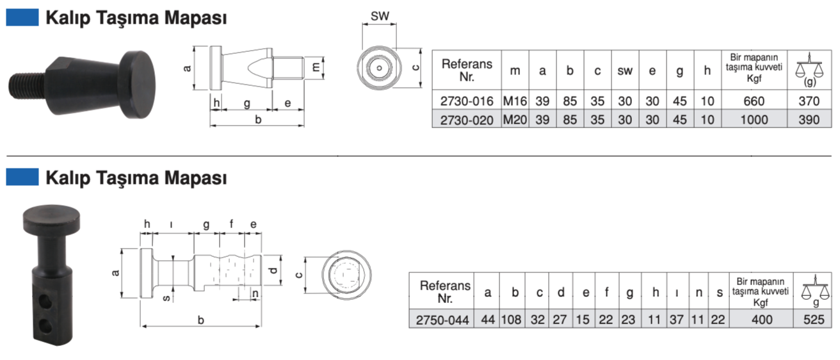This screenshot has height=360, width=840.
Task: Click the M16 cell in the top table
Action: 515,100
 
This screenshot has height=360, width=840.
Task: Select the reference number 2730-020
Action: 467,119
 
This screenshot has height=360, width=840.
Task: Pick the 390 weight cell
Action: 810,119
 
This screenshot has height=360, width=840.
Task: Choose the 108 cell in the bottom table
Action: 514,319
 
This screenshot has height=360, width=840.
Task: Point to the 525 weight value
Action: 813,319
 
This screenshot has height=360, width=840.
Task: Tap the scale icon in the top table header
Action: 810,67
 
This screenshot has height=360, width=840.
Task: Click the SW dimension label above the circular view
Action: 380,16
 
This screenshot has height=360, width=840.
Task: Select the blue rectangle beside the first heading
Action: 22,17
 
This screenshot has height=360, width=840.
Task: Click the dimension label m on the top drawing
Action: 316,66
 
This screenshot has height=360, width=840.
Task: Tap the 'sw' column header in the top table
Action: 625,70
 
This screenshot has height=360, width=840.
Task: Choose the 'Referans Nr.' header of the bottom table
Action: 444,291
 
